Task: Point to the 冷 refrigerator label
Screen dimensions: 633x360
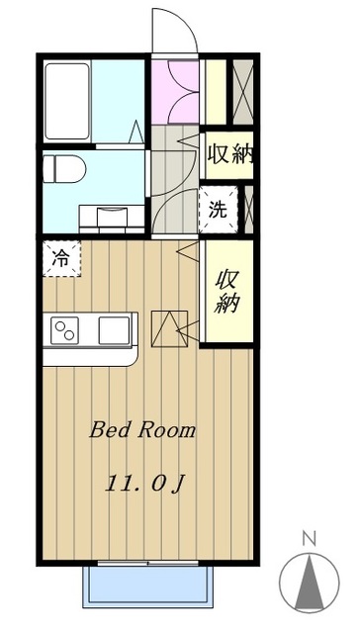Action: (60, 260)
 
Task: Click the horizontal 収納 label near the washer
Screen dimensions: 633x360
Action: (230, 156)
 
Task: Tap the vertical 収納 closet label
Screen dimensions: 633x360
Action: (226, 291)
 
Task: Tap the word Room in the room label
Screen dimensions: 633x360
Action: (166, 431)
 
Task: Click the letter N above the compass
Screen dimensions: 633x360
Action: (308, 540)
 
